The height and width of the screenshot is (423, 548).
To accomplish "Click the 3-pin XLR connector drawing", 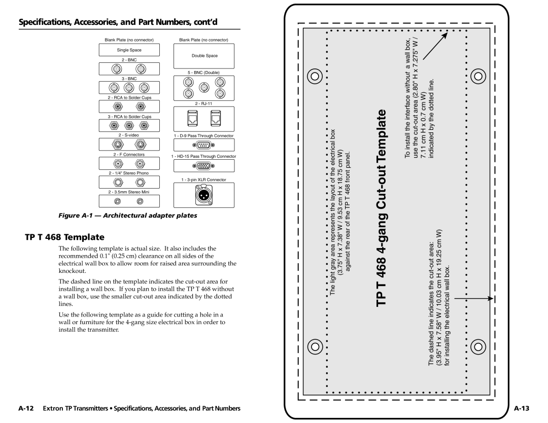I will click(x=204, y=195).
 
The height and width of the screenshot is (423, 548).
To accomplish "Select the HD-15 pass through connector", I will click(x=204, y=166).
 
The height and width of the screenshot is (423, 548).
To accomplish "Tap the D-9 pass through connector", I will click(x=204, y=145).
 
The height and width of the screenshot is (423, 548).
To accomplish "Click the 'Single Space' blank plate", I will click(x=129, y=50).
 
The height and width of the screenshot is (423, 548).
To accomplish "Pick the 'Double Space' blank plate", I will click(x=204, y=55).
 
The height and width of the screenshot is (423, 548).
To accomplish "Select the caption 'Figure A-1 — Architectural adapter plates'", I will click(x=130, y=216).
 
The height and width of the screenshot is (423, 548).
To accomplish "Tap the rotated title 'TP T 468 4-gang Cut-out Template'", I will click(x=384, y=208).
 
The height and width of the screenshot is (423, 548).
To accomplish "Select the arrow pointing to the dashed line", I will click(x=474, y=299).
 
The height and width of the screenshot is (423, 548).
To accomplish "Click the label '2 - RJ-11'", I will click(x=204, y=103).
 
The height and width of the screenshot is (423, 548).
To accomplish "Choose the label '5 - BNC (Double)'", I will click(x=204, y=73).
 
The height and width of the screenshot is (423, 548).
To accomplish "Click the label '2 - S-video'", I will click(x=129, y=135).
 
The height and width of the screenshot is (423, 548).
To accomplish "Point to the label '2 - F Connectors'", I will click(x=129, y=154).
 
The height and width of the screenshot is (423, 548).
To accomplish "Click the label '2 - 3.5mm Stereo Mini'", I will click(x=129, y=192).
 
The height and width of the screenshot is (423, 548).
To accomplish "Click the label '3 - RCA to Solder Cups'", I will click(x=129, y=116).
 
